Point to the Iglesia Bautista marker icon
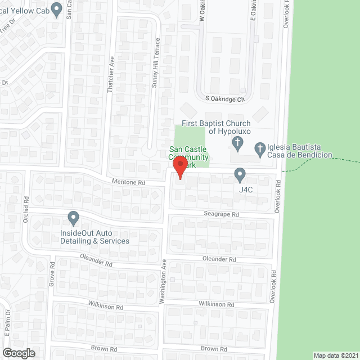click(260, 148)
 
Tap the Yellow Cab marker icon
click(56, 8)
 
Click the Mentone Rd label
click(129, 183)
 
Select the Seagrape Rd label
click(222, 214)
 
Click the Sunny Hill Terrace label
click(158, 62)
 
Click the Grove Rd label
click(52, 272)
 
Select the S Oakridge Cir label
click(225, 100)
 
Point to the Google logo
click(18, 353)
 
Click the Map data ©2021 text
click(335, 355)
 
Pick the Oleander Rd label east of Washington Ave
click(220, 259)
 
